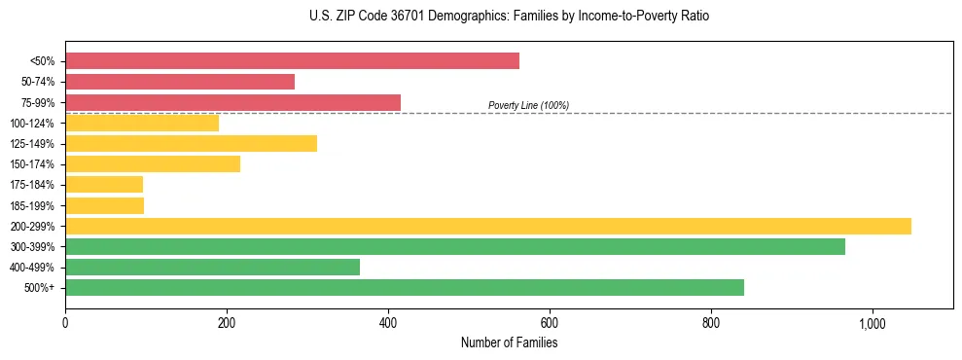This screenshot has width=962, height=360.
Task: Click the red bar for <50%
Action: pyautogui.click(x=292, y=61)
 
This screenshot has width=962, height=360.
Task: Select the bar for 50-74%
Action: pyautogui.click(x=180, y=82)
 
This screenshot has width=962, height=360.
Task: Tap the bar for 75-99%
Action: pyautogui.click(x=232, y=102)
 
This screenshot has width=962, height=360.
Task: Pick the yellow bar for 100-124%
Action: pyautogui.click(x=142, y=123)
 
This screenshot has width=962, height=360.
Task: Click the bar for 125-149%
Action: pyautogui.click(x=191, y=144)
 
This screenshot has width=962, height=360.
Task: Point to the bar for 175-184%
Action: pyautogui.click(x=104, y=185)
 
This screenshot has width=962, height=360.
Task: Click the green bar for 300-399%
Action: pyautogui.click(x=455, y=246)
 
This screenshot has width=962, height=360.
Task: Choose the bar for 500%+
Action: pyautogui.click(x=405, y=287)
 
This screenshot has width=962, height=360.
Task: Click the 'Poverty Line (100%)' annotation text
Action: pyautogui.click(x=528, y=105)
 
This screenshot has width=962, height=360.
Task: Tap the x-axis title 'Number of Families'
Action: pyautogui.click(x=509, y=342)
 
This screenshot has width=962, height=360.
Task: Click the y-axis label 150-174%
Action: pyautogui.click(x=32, y=164)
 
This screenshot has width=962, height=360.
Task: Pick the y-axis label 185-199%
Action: pyautogui.click(x=32, y=205)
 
